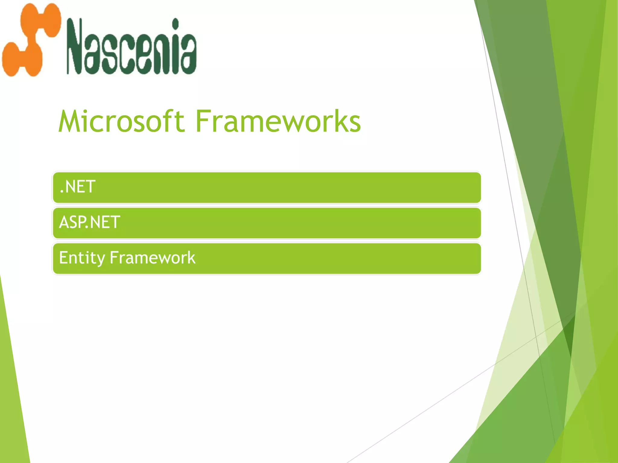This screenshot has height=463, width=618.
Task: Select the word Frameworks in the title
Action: click(x=278, y=121)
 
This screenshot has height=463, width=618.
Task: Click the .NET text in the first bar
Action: click(x=78, y=187)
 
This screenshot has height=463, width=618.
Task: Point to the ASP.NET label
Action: click(x=90, y=222)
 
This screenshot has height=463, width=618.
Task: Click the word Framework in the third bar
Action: click(x=153, y=258)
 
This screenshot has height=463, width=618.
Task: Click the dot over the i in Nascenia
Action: click(x=175, y=23)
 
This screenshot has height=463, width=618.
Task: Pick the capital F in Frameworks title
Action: click(x=203, y=121)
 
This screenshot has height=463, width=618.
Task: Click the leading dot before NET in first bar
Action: click(x=62, y=192)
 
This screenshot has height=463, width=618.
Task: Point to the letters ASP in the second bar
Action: click(x=72, y=222)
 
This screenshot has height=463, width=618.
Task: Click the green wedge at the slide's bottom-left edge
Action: click(x=12, y=392)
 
